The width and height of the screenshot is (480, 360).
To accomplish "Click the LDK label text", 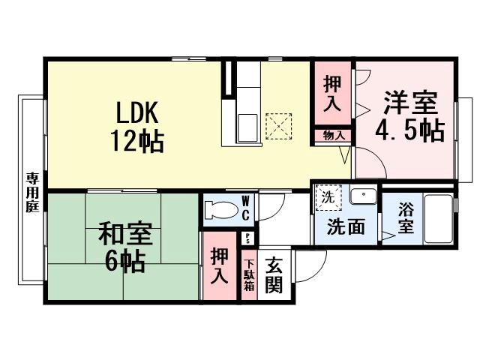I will (137, 112).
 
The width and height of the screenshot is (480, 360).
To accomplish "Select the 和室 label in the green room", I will (125, 235).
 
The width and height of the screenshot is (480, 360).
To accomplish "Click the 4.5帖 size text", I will (409, 130).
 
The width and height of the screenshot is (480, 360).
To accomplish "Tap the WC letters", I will (245, 208).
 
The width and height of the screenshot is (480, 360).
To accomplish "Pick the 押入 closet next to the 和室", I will (219, 265).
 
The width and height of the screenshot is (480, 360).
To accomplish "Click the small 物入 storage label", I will (334, 136).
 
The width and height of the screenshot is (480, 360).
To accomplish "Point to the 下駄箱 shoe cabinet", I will (248, 275).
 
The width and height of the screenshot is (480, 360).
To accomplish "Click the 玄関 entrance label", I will (274, 275).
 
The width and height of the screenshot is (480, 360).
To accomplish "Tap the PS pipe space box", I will (248, 239).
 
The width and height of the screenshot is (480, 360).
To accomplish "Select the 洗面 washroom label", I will (346, 226).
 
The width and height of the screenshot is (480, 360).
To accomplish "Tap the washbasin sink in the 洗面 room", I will (364, 196).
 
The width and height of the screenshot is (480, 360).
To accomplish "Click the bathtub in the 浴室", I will (438, 218).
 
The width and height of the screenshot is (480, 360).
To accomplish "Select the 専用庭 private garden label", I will (32, 192).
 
